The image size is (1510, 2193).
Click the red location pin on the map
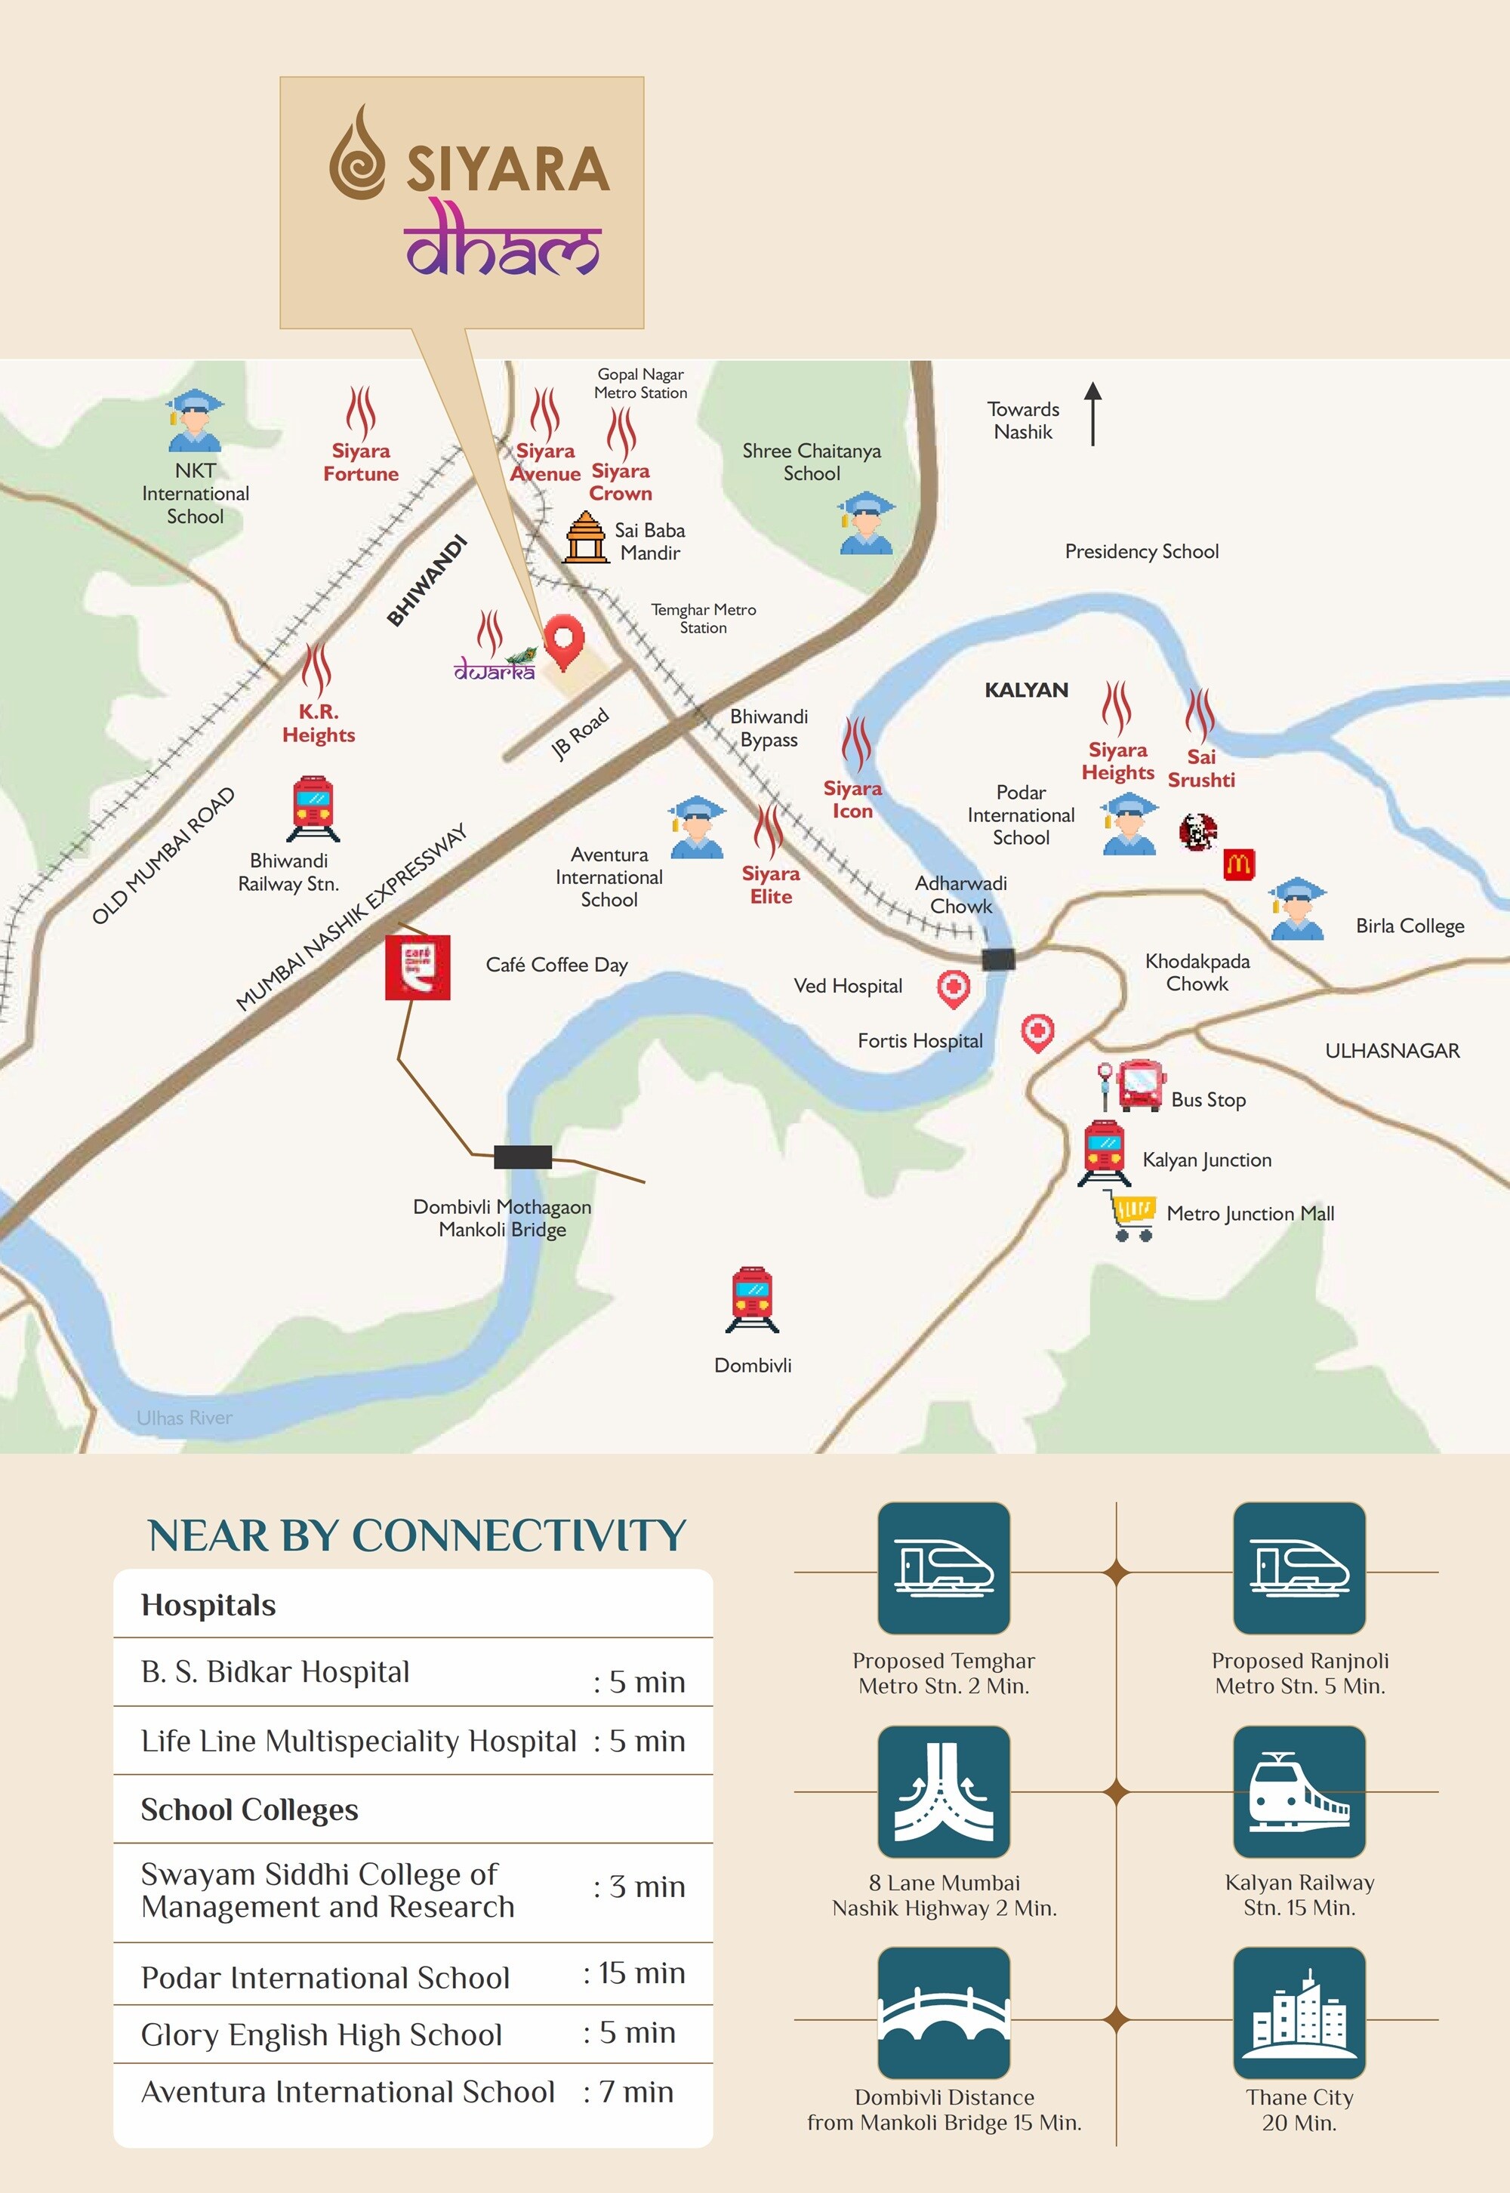(x=564, y=640)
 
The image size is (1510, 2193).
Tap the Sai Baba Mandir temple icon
(x=586, y=537)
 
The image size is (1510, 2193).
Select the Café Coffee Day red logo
(x=418, y=967)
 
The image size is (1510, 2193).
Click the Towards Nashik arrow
(x=1092, y=414)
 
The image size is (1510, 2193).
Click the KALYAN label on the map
(x=1027, y=690)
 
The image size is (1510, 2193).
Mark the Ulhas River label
(x=184, y=1417)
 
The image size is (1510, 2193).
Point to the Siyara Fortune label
(x=360, y=463)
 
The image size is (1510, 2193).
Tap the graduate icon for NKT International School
(x=195, y=421)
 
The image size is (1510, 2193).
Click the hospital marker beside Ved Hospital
(x=953, y=987)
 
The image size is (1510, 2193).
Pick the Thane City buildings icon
(x=1299, y=2013)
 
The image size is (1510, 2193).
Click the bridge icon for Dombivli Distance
(x=943, y=2013)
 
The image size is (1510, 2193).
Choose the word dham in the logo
(x=502, y=242)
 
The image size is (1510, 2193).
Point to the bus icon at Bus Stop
(x=1140, y=1084)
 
